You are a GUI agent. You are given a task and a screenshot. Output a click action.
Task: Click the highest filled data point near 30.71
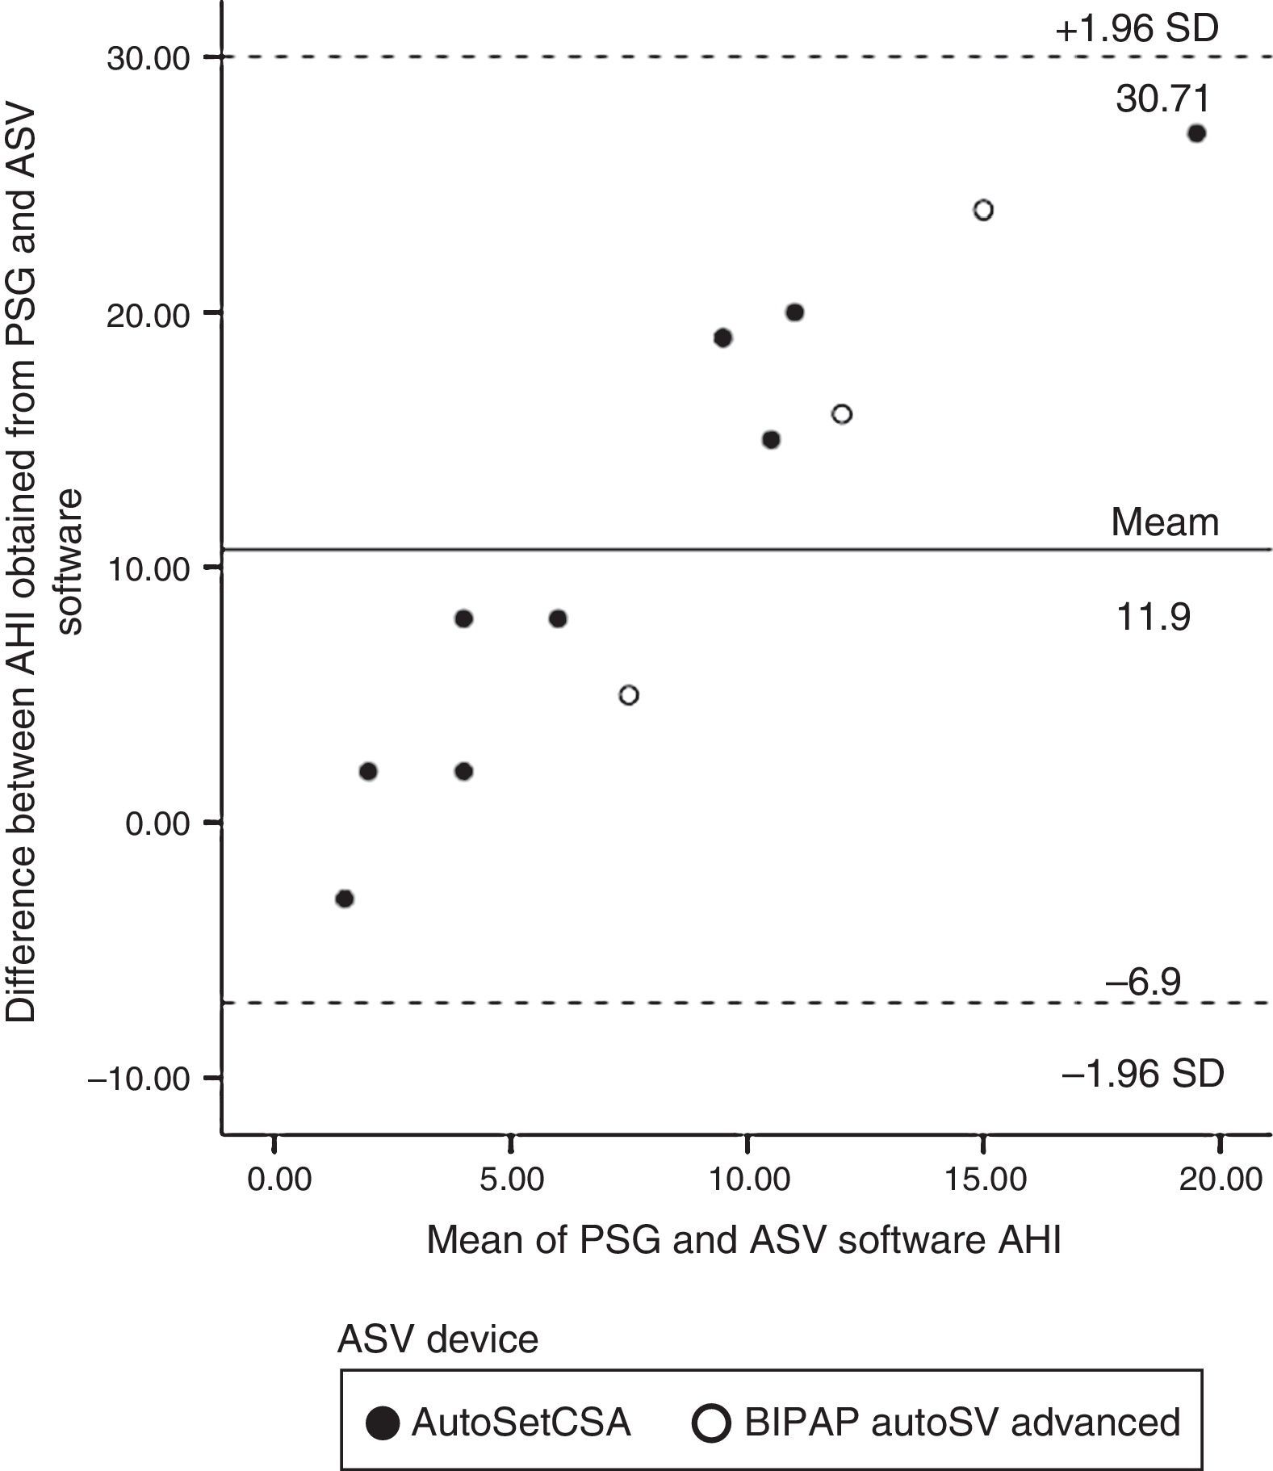coord(1196,134)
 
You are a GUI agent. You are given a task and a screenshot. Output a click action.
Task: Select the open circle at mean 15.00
coord(982,211)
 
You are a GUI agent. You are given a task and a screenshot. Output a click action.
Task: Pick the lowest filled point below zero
coord(345,899)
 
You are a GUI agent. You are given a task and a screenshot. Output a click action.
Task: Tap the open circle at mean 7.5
coord(629,695)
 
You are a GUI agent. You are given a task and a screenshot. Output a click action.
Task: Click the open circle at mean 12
coord(841,414)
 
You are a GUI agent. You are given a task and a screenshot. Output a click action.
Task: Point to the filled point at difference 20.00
coord(794,312)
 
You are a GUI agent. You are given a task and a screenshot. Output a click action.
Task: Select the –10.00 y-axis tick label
coord(139,1079)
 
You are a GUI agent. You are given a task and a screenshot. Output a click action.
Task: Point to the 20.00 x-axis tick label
coord(1219,1180)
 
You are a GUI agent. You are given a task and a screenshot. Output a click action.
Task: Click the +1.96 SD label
coord(1136,30)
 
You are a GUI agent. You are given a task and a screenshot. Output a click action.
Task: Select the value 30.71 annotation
coord(1163,99)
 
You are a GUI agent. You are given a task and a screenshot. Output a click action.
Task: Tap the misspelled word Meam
coord(1164,523)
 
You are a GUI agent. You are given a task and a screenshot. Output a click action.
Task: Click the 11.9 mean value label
coord(1153,618)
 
